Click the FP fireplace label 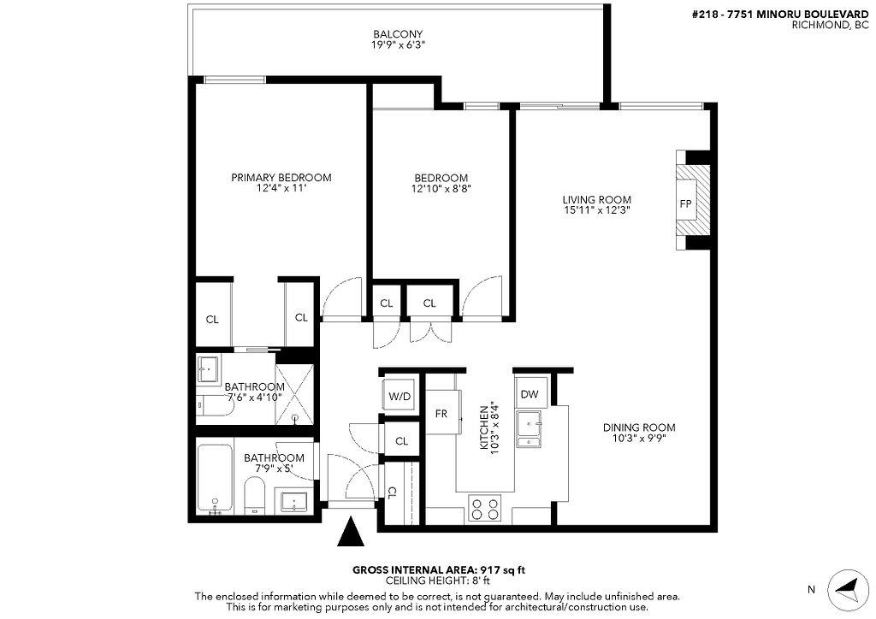[685, 203]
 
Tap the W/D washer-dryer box [400, 397]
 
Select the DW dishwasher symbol [530, 394]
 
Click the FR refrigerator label [441, 414]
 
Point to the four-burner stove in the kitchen [484, 509]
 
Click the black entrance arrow [351, 532]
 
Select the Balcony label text [399, 34]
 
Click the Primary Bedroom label [281, 178]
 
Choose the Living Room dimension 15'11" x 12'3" [597, 210]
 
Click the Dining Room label [639, 427]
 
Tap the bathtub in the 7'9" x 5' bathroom [215, 479]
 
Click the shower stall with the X [294, 393]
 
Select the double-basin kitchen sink [529, 429]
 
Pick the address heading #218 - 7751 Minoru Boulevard [780, 15]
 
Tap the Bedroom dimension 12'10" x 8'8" [441, 189]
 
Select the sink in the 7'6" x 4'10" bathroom [209, 368]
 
